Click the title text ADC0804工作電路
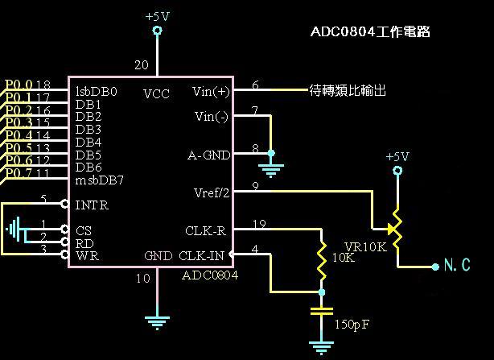click(370, 32)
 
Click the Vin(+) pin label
click(212, 91)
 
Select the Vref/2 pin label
click(212, 193)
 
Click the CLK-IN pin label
click(206, 257)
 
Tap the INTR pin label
click(91, 205)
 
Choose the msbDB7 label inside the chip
click(100, 180)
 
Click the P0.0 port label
click(19, 85)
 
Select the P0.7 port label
click(19, 172)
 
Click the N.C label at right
click(457, 265)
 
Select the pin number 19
click(258, 224)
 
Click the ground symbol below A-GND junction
click(271, 170)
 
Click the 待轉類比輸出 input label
click(348, 91)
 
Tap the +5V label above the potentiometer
click(397, 156)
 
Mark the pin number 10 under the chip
click(142, 279)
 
